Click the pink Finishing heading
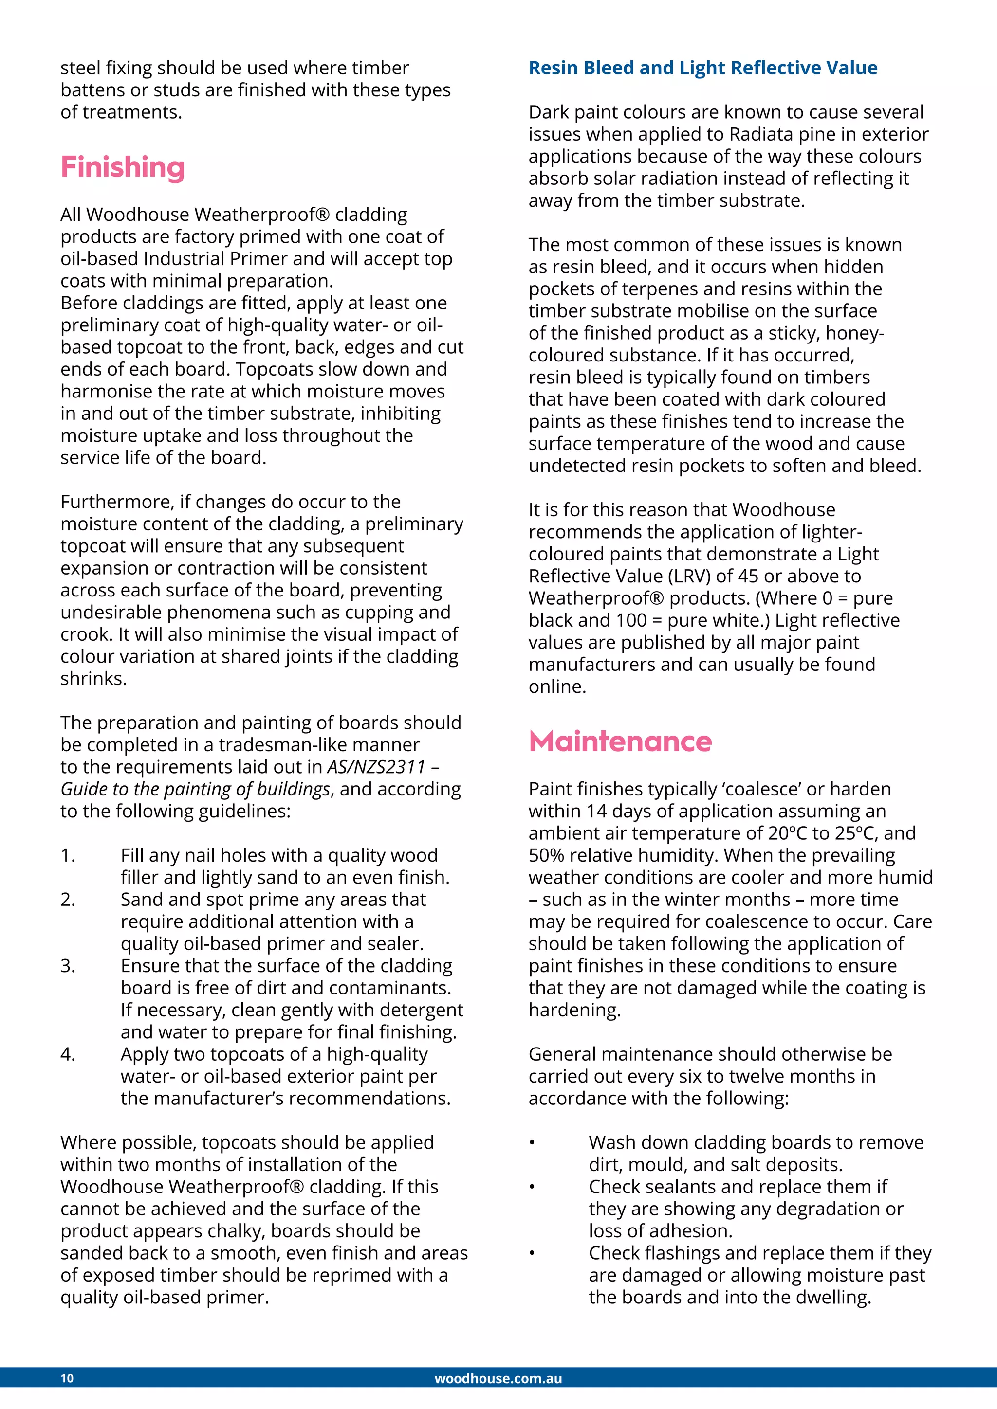click(x=122, y=167)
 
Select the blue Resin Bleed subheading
click(x=702, y=68)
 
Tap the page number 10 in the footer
click(x=67, y=1378)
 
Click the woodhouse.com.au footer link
click(x=498, y=1378)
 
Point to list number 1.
click(x=68, y=855)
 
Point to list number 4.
click(x=68, y=1054)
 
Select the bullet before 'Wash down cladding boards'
click(x=532, y=1143)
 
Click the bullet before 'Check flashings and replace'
click(x=532, y=1253)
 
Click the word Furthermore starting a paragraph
click(x=117, y=502)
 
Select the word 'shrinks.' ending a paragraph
click(x=93, y=678)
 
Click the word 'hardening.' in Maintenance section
click(x=574, y=1010)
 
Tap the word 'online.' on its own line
click(x=557, y=686)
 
